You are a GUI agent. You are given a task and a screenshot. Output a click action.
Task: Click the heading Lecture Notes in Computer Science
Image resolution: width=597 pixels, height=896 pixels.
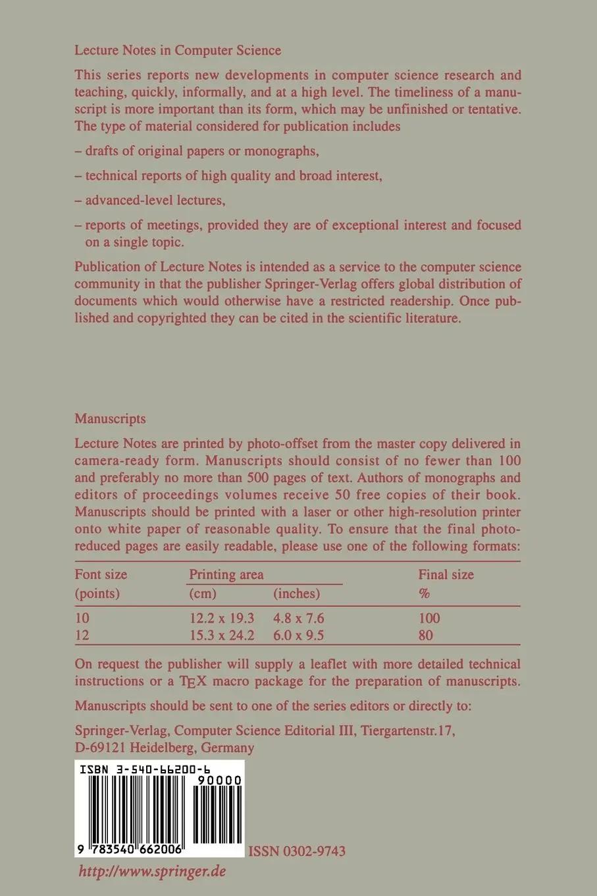pos(178,50)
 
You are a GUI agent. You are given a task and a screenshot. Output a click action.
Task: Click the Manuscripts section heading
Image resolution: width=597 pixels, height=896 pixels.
pos(110,418)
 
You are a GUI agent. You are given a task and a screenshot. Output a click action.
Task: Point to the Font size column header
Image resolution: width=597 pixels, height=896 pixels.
pos(101,574)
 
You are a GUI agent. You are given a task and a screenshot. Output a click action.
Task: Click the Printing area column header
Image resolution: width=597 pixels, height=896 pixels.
pos(226,574)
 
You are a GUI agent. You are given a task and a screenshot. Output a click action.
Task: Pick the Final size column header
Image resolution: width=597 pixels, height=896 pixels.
pos(446,574)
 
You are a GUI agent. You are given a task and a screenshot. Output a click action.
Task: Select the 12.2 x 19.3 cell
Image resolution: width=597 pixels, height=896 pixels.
pos(221,619)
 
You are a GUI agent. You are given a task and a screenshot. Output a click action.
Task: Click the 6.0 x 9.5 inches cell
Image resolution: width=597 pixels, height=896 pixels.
pos(298,636)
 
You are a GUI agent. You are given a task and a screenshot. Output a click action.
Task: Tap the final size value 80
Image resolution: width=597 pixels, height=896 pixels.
pos(426,636)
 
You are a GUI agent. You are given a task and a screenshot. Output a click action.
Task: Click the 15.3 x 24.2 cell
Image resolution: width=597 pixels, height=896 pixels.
pos(221,636)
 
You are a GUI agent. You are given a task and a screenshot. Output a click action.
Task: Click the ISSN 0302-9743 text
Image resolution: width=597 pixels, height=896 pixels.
pos(296,851)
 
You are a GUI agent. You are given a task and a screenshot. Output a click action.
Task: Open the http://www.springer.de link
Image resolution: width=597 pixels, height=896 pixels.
pos(152,871)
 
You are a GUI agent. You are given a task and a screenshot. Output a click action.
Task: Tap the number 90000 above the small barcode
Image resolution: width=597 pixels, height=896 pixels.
pos(219,781)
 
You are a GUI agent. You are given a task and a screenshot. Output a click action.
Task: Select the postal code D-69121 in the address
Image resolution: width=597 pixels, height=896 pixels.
pos(100,748)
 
